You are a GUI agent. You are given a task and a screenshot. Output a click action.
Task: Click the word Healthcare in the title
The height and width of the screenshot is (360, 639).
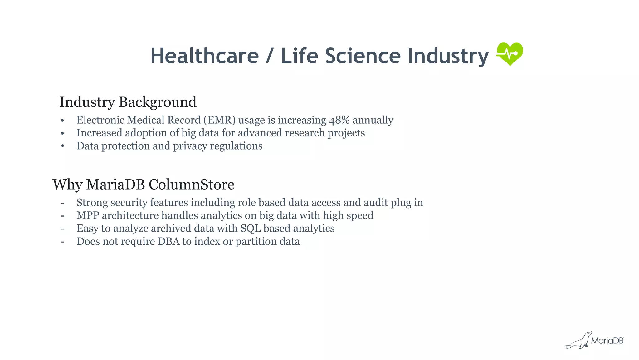[x=205, y=56]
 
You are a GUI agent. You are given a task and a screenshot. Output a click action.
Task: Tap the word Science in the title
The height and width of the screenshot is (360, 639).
[x=363, y=56]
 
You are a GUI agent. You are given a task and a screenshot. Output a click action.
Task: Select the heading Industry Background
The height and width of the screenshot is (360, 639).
[x=128, y=102]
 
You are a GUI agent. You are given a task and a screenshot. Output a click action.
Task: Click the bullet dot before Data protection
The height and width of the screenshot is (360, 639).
[x=63, y=146]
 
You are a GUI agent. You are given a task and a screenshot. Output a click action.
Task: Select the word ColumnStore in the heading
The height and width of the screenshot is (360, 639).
[x=191, y=185]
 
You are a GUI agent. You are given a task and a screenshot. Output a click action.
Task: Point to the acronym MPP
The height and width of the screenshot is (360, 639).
[x=88, y=215]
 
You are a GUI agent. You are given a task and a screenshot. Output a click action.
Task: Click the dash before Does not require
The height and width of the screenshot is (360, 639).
[x=63, y=241]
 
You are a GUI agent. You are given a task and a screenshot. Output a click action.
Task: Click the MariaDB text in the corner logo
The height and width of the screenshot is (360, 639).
[x=607, y=341]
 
